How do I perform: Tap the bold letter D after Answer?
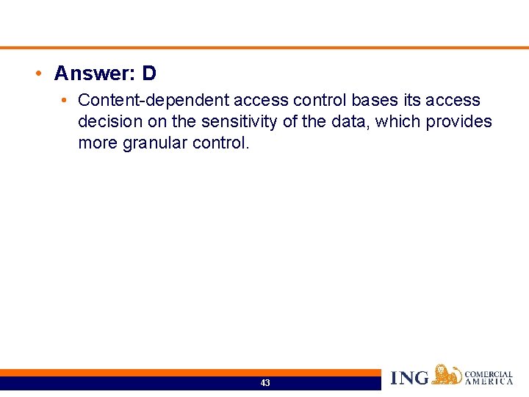tap(149, 74)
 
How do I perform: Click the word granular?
tap(154, 143)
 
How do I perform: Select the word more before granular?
tap(98, 143)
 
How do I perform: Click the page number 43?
tap(264, 383)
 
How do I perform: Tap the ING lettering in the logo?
tap(410, 378)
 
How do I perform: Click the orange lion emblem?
tap(447, 374)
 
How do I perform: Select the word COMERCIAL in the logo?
tap(489, 374)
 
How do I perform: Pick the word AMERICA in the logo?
tap(489, 382)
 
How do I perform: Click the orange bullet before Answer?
tap(37, 74)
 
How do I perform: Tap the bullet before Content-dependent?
tap(65, 100)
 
